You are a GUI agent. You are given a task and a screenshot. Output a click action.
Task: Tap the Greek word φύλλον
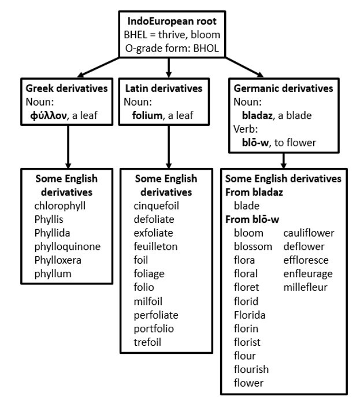point(54,115)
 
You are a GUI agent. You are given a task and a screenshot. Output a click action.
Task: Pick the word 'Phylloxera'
point(58,260)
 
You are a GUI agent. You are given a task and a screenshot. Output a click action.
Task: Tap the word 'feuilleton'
point(155,246)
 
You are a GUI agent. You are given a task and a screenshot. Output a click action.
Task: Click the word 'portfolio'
point(153,328)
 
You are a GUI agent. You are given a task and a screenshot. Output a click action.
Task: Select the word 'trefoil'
point(147,342)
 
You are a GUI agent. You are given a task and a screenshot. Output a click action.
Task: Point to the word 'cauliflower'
point(309,233)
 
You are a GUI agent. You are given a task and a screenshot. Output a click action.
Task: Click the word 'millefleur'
point(306,287)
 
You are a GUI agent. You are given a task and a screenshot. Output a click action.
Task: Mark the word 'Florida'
point(250,315)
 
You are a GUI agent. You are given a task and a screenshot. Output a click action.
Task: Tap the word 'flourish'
point(251,369)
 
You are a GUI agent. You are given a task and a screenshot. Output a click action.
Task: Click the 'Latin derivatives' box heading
point(164,89)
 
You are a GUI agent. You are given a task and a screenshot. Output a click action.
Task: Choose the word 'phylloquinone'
point(67,246)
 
